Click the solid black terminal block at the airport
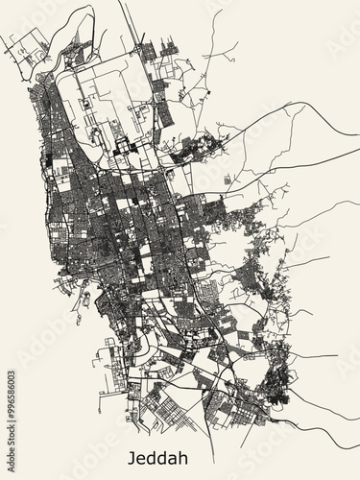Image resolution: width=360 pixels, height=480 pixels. (x=122, y=147)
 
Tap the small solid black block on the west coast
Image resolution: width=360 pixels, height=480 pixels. (x=45, y=160)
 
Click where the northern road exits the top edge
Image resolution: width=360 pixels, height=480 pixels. (x=122, y=3)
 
